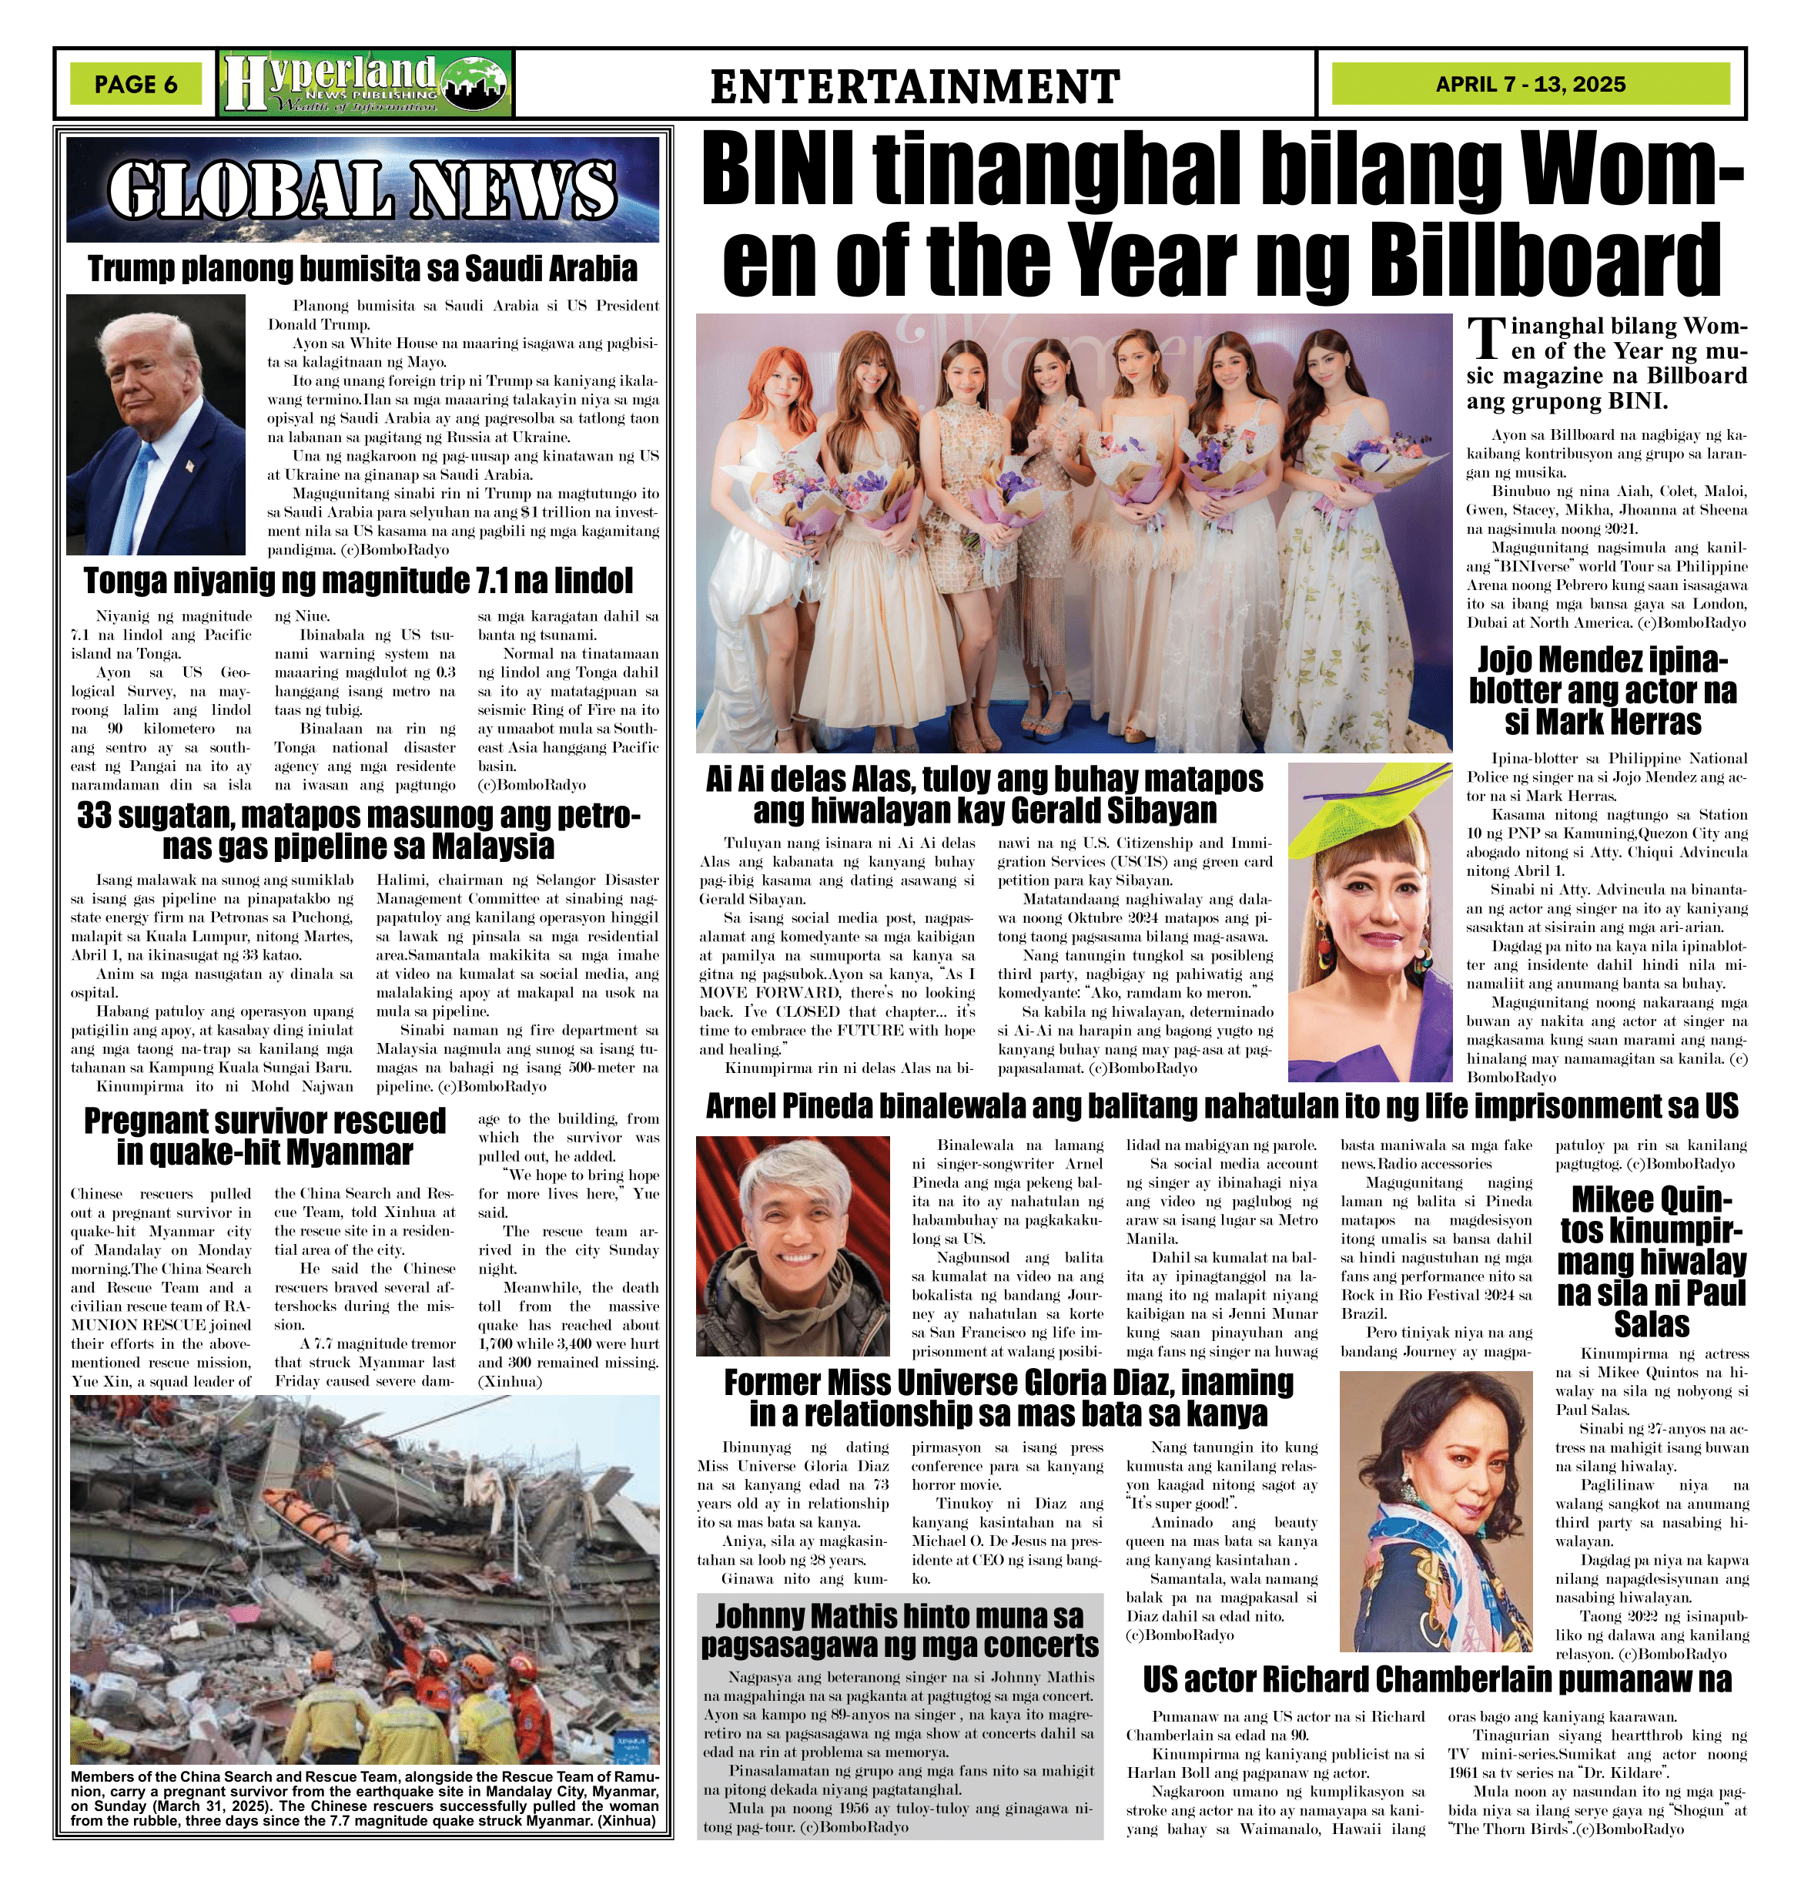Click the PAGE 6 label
click(x=136, y=85)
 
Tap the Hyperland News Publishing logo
click(x=366, y=85)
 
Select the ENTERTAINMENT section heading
click(x=915, y=86)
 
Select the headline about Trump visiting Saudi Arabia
click(x=362, y=269)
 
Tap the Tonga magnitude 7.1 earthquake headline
click(x=358, y=581)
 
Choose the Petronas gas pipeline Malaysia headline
click(x=358, y=830)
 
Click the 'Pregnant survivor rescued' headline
click(x=265, y=1135)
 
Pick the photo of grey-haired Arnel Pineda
click(x=793, y=1246)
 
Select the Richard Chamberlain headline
click(x=1437, y=1679)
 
